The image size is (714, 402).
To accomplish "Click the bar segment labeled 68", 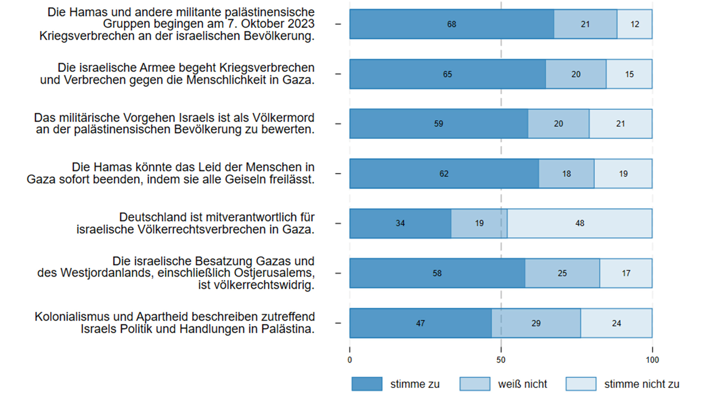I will (x=452, y=24).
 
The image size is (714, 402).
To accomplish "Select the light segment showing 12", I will (x=635, y=24).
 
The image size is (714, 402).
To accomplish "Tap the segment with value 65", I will (x=447, y=74).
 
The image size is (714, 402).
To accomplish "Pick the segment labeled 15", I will (x=629, y=74).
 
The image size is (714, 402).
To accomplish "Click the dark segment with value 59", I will (x=439, y=124).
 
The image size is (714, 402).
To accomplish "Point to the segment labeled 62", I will (x=444, y=174).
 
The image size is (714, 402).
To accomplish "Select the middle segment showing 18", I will (x=566, y=174).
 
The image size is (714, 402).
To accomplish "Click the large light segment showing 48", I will (x=580, y=223).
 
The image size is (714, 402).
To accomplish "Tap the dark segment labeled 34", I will (x=400, y=223).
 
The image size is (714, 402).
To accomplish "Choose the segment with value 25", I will (x=562, y=273).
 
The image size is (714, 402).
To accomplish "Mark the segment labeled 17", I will (x=626, y=273).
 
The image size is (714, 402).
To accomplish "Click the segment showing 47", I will (x=420, y=323).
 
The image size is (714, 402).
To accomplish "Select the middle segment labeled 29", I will (x=536, y=323).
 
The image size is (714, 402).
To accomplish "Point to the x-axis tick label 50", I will (x=501, y=360).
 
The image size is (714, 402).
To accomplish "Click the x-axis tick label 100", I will (x=652, y=360).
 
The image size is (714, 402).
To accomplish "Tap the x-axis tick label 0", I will (x=350, y=360).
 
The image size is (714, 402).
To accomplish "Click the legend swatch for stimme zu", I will (x=367, y=384).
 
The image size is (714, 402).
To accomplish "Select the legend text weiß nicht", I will (x=522, y=384).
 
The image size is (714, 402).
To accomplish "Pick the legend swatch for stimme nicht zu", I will (x=581, y=384).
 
